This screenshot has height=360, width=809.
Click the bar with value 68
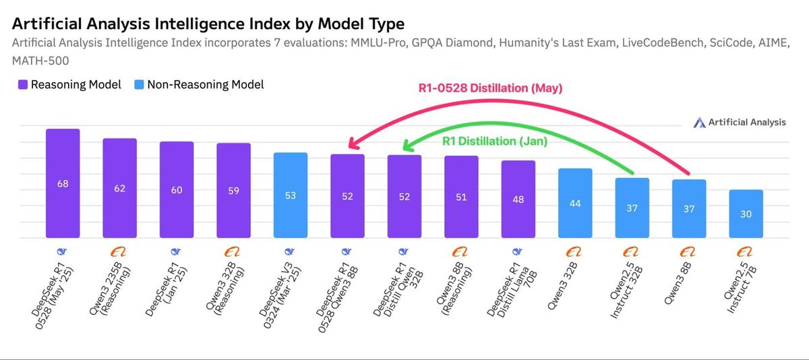pos(63,183)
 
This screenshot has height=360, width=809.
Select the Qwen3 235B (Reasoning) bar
pos(119,188)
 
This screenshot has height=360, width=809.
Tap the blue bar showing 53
pos(290,196)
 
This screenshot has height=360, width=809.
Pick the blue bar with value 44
pos(575,203)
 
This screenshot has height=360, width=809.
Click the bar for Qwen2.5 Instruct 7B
pos(746,214)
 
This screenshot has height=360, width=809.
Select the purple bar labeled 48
pos(518,199)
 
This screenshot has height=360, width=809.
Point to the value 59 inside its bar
pos(233,191)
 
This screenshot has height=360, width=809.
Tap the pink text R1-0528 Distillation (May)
pos(490,88)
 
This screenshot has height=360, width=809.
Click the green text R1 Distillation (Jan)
pos(494,142)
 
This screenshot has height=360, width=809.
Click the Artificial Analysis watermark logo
pos(739,122)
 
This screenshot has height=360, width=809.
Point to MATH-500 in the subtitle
pos(41,61)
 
